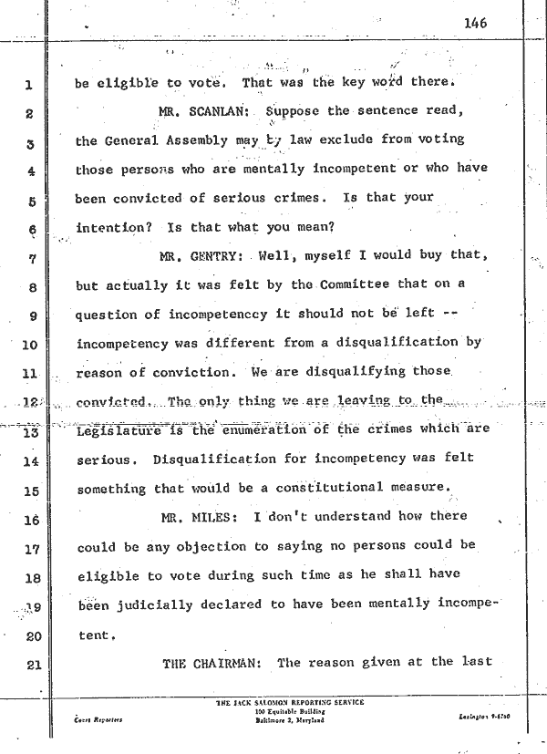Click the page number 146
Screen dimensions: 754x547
coord(477,25)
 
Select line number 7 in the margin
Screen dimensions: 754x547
coord(29,258)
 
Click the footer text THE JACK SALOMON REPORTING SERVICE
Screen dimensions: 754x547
coord(288,702)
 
